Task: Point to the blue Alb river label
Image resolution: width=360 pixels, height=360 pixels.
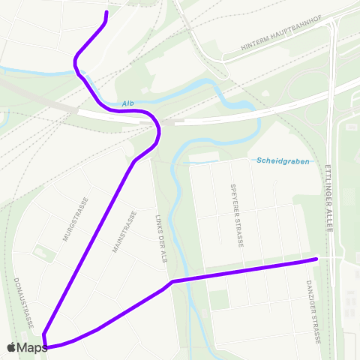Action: (x=127, y=104)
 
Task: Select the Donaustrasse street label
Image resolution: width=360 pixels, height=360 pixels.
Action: (x=24, y=302)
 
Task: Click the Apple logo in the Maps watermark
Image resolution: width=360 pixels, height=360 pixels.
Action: (x=12, y=347)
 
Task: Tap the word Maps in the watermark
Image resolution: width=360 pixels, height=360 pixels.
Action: (x=33, y=348)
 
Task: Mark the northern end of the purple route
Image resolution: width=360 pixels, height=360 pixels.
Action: (x=106, y=13)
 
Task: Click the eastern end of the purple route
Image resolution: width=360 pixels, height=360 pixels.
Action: (x=316, y=259)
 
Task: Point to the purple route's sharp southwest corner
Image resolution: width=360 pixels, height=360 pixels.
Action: (x=44, y=334)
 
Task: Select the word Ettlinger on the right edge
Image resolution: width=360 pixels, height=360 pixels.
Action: (x=328, y=183)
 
